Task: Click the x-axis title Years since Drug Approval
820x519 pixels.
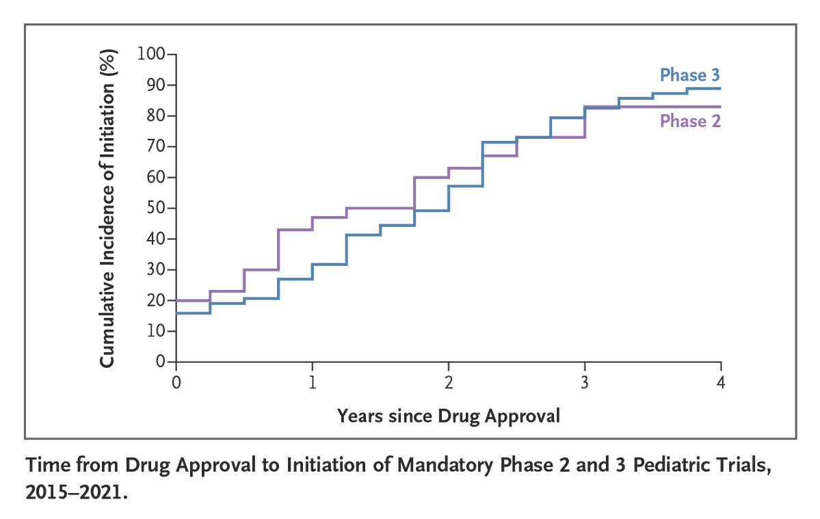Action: coord(448,415)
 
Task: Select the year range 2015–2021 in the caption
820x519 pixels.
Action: coord(75,492)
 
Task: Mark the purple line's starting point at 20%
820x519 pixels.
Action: coord(177,300)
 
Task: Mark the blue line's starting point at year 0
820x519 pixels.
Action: coord(177,312)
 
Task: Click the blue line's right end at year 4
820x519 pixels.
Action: coord(719,88)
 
